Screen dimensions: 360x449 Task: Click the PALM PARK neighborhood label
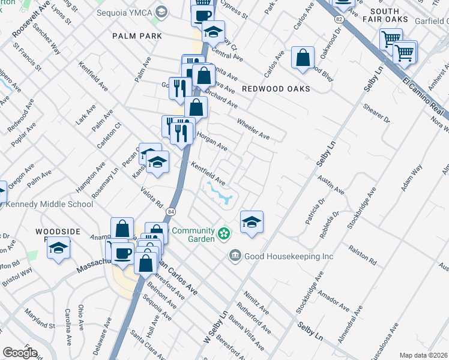137,36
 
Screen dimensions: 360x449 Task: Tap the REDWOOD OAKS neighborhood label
276,89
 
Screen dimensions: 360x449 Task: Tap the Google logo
20,353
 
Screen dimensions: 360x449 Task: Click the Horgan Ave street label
212,142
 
